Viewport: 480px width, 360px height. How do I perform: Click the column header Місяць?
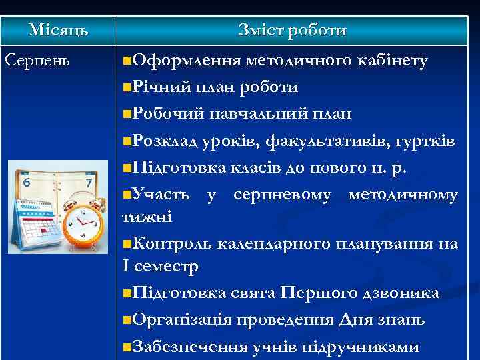(58, 31)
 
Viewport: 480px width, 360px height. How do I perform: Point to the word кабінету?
(392, 61)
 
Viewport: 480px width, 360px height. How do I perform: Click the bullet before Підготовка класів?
(128, 168)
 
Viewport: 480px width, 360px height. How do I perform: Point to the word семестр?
(168, 265)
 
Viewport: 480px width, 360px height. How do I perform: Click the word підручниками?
(371, 347)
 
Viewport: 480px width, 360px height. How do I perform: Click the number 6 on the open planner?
(27, 182)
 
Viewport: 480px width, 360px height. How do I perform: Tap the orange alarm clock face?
(83, 221)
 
